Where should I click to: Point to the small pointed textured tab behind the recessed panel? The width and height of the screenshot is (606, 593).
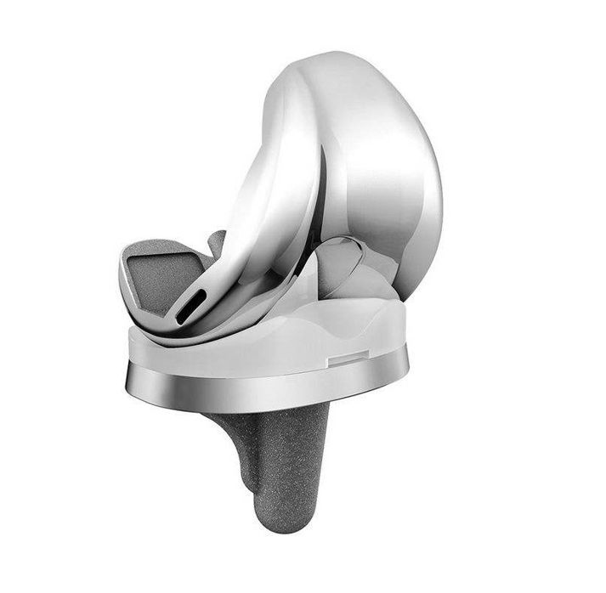[x=217, y=242]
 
